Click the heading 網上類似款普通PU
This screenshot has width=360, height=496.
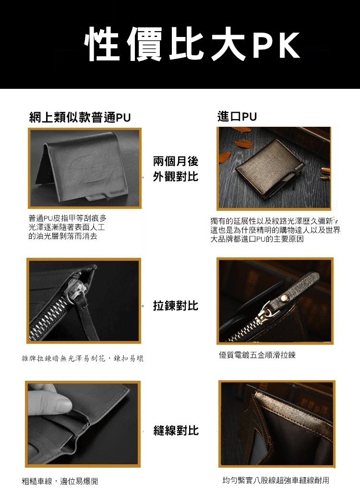tap(80, 118)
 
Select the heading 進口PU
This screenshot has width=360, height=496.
tap(237, 117)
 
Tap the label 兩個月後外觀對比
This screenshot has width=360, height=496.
tap(175, 169)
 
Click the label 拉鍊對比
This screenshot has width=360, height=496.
tap(175, 305)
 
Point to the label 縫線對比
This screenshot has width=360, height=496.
tap(176, 430)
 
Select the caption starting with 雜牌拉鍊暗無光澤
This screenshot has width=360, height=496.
tap(83, 359)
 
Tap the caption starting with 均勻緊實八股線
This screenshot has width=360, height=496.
tap(276, 480)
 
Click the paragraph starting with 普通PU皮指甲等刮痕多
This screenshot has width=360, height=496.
tap(67, 227)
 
